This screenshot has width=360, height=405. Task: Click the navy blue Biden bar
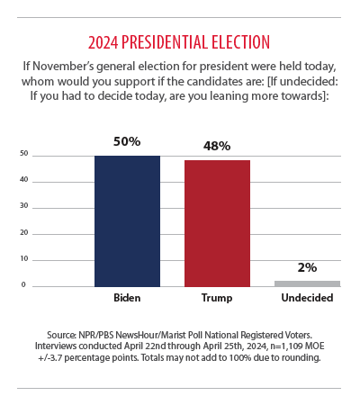(x=127, y=221)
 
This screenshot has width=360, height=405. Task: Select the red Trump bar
(x=217, y=223)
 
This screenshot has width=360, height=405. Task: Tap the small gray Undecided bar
(x=307, y=283)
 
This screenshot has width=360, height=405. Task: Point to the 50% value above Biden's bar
(x=127, y=141)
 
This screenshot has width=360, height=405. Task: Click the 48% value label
(x=217, y=146)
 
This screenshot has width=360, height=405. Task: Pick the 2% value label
(x=307, y=267)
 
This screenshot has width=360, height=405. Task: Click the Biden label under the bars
(x=127, y=298)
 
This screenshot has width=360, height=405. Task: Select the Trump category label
(x=217, y=298)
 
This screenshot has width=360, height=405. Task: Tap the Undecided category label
(x=307, y=298)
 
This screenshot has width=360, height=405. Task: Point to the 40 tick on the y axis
(x=24, y=179)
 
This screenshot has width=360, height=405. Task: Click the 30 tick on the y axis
(x=24, y=205)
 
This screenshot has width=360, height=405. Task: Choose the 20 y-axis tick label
(x=24, y=232)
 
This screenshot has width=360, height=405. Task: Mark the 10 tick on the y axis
(x=24, y=258)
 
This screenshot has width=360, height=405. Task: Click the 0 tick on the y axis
(x=23, y=284)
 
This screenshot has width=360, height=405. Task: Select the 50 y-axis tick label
(x=24, y=153)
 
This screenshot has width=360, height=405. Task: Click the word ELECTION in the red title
(x=240, y=42)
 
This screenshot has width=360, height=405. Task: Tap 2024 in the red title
(x=103, y=42)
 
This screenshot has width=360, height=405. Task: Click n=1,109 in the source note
(x=286, y=346)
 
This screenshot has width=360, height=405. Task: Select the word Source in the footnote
(x=61, y=335)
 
